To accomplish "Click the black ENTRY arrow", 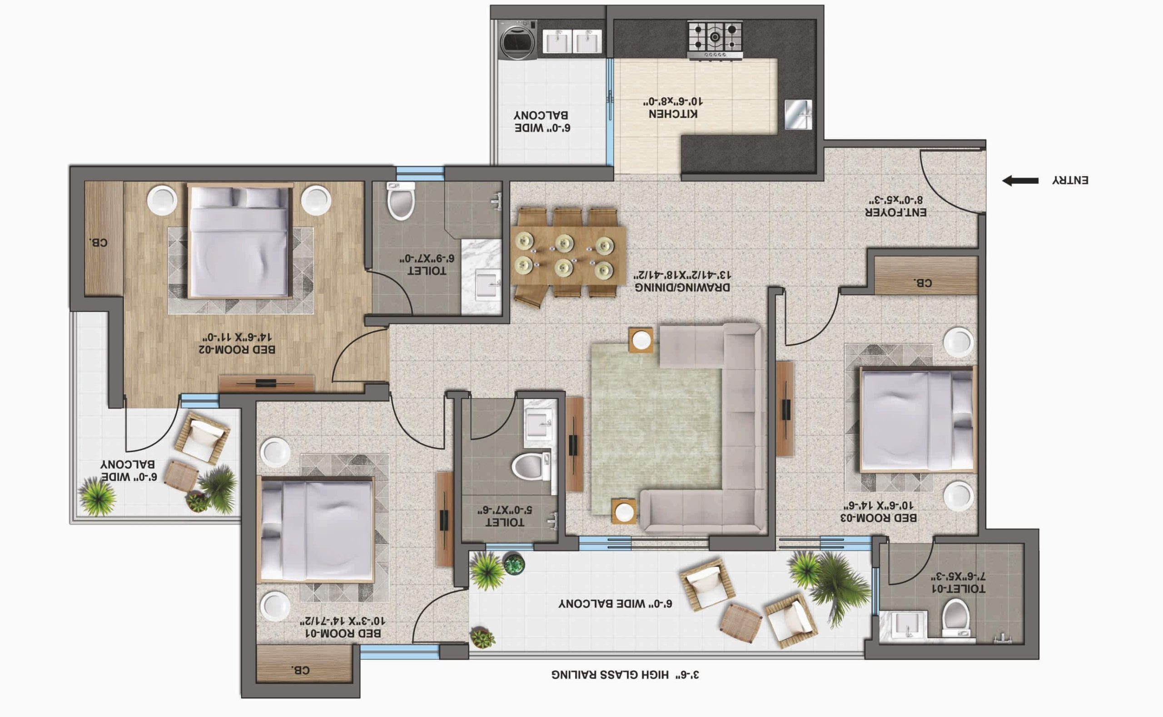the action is coord(1020,181).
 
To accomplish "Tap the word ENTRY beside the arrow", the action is coord(1070,180).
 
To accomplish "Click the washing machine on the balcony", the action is coord(519,40).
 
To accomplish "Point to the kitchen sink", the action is coord(798,114).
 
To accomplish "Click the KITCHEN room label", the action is coord(673,114).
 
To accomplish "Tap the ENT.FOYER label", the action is coord(896,213).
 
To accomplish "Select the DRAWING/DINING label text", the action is coord(682,287).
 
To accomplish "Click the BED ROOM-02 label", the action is coord(237,350).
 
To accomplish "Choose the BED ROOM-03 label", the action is coord(879,518).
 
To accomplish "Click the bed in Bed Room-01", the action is coord(316,529).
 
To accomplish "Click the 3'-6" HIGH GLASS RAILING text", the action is coord(625,674).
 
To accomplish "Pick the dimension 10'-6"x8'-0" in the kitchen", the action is coord(673,101).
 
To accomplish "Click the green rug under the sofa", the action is coord(657,429).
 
